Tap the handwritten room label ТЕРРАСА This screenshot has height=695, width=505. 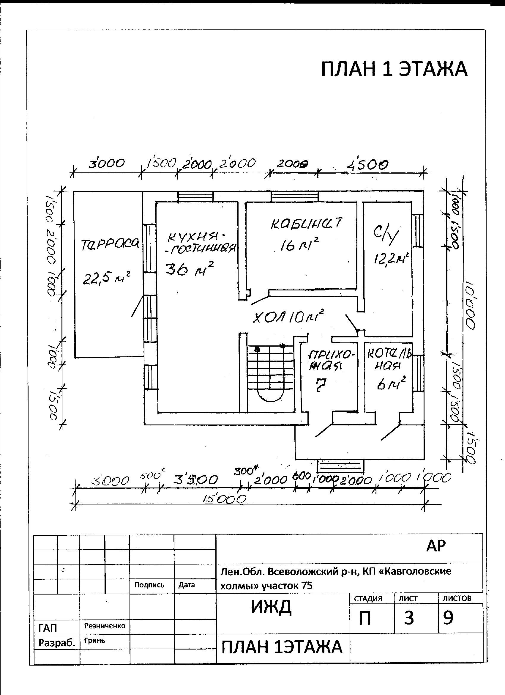110,244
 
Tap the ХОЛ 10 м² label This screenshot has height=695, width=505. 288,317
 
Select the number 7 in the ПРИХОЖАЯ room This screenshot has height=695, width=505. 320,385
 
